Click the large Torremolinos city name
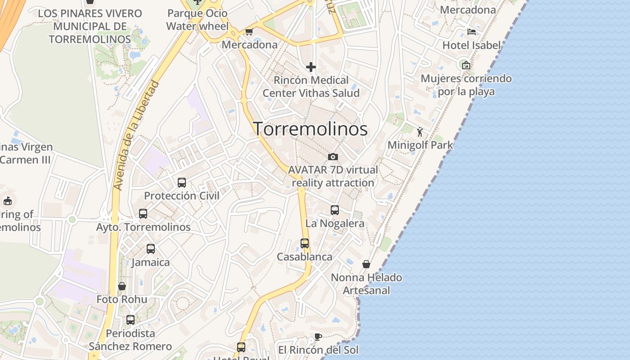click(x=310, y=129)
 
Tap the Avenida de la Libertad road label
click(x=137, y=135)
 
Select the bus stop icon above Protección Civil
click(x=182, y=182)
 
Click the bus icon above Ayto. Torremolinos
click(x=143, y=213)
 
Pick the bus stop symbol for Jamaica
click(x=151, y=248)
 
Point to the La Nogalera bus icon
click(x=335, y=210)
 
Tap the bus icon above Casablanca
click(x=305, y=243)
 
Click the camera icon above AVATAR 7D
click(x=333, y=157)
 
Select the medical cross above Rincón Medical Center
click(x=310, y=67)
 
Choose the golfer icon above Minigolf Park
click(x=420, y=132)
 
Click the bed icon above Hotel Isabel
click(x=472, y=31)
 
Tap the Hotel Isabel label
click(x=471, y=45)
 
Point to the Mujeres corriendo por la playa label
click(x=466, y=85)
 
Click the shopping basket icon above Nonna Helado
click(x=366, y=264)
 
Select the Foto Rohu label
click(x=121, y=299)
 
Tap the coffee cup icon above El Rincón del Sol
click(x=318, y=337)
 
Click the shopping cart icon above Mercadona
click(x=249, y=31)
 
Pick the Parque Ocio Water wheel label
click(x=197, y=20)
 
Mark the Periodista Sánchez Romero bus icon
click(x=130, y=320)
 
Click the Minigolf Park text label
click(x=420, y=145)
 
